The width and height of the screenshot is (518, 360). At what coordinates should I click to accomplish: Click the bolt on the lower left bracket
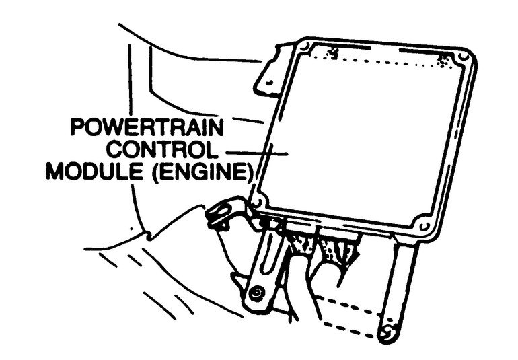256,295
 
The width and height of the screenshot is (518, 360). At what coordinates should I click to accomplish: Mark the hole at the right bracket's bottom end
387,332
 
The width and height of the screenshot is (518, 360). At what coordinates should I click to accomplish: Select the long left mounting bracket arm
266,262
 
